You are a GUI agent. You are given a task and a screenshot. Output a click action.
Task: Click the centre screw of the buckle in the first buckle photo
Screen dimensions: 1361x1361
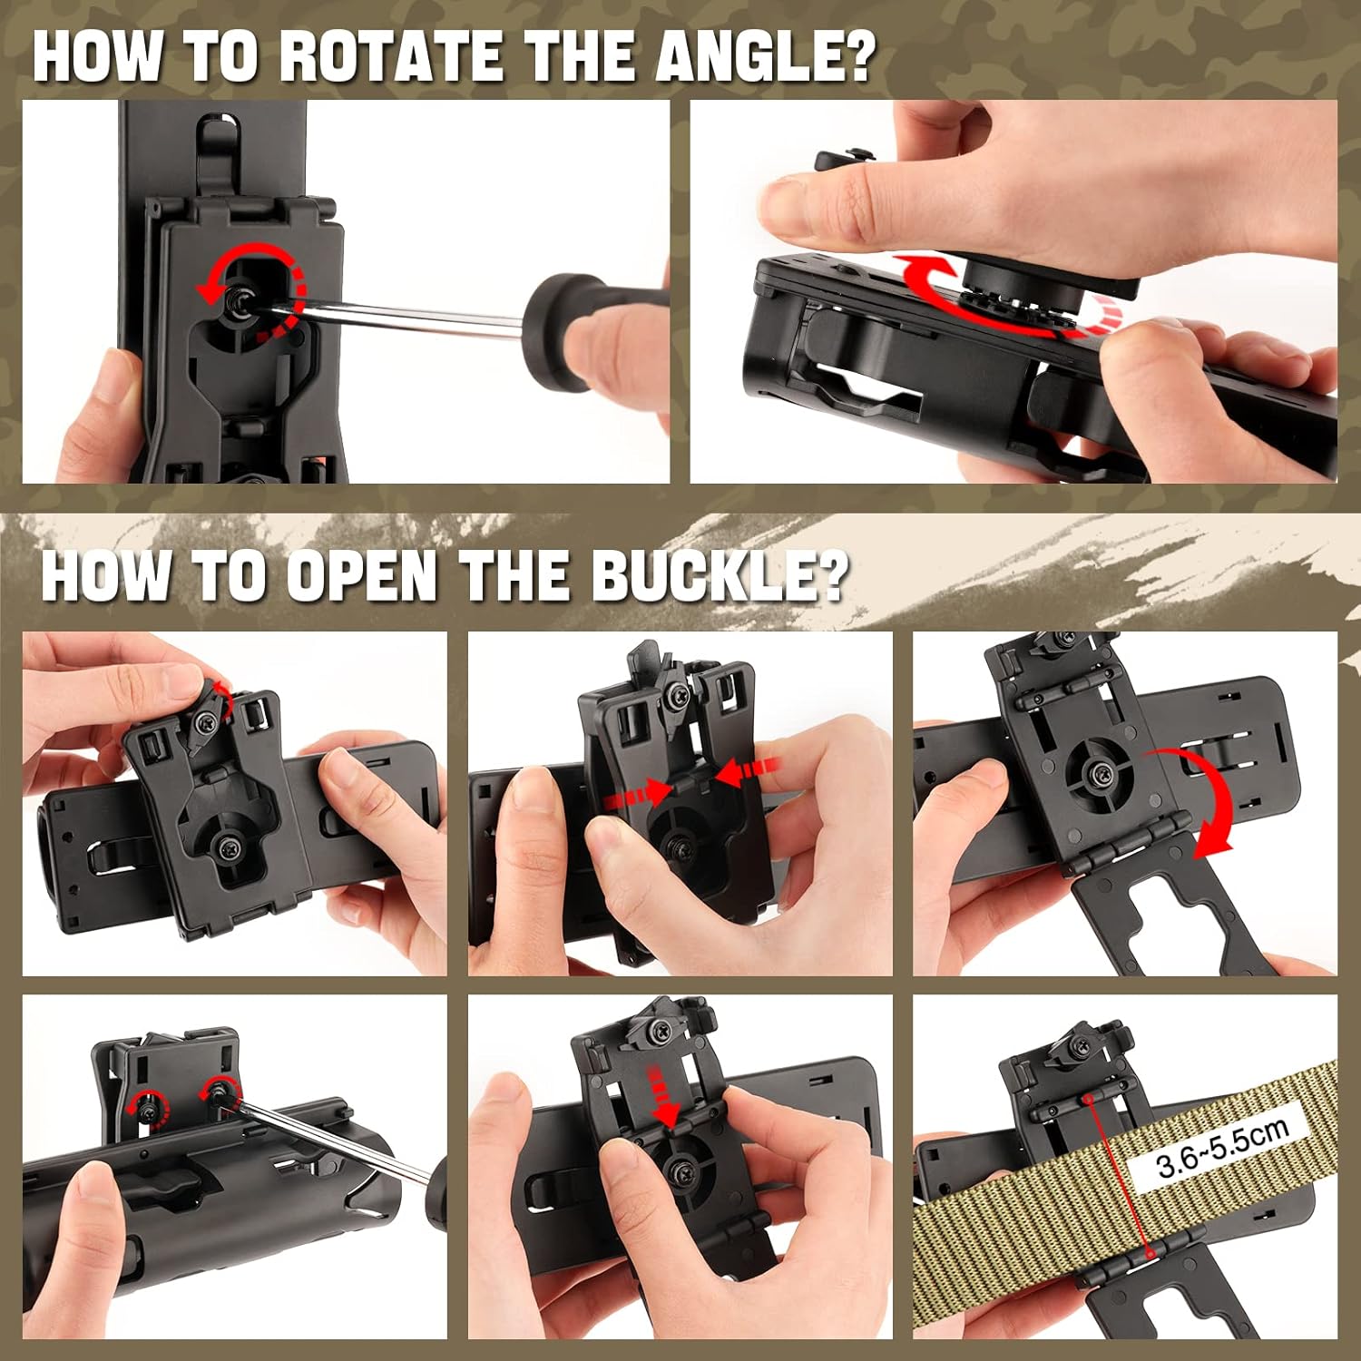(223, 848)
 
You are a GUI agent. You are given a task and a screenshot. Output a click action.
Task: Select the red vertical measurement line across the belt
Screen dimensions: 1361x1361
(1119, 1175)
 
